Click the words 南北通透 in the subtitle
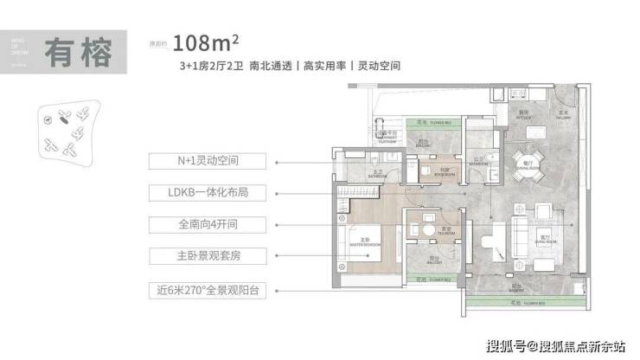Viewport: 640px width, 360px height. coord(271,66)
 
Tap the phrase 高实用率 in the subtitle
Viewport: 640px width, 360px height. coord(326,66)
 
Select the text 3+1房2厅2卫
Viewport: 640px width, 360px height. coord(208,66)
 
